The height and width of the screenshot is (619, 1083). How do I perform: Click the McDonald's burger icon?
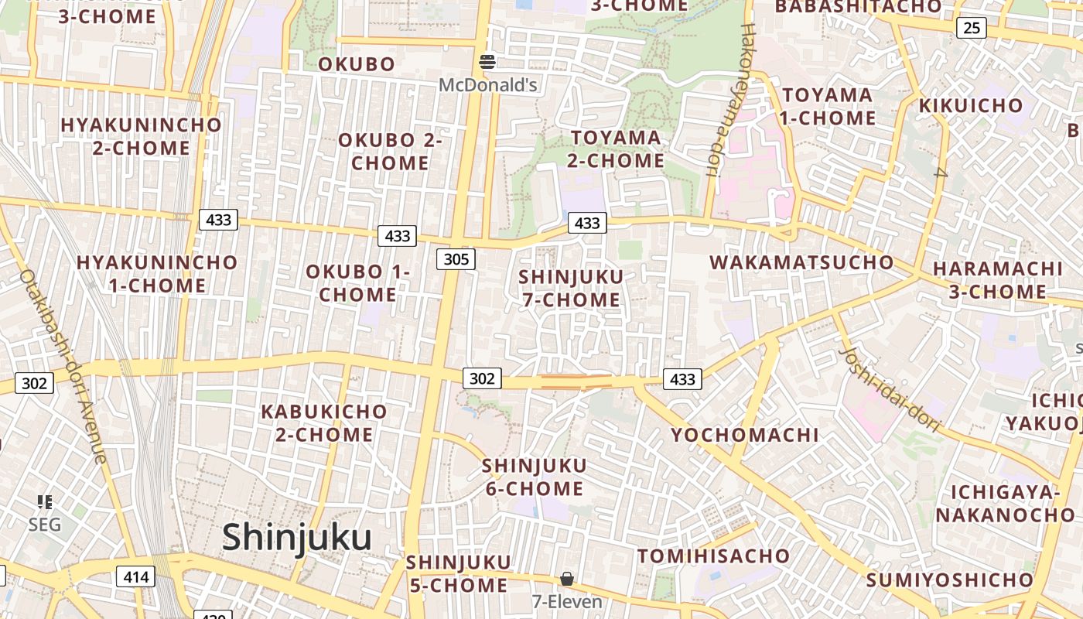point(487,61)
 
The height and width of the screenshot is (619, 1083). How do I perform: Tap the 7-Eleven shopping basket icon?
point(567,579)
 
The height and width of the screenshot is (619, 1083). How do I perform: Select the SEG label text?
point(44,525)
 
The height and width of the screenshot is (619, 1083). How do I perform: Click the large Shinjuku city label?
point(297,537)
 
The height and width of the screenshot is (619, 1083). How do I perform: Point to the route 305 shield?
point(456,259)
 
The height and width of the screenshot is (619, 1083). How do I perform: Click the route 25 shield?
point(972,29)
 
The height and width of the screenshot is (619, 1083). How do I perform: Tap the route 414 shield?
point(135,576)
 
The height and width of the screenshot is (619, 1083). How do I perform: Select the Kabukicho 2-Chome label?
point(324,422)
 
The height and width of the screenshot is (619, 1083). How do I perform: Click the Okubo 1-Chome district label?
point(357,283)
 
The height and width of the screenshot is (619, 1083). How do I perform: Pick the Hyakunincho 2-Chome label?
point(141,136)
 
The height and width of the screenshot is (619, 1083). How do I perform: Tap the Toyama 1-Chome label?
point(828,107)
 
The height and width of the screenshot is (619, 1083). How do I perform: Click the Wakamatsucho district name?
point(801,262)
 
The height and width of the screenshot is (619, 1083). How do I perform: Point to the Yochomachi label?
point(744,435)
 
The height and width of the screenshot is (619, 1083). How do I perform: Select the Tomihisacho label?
point(713,556)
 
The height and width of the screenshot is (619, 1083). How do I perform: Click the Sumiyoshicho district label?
point(949,580)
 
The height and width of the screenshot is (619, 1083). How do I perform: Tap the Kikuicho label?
point(970,105)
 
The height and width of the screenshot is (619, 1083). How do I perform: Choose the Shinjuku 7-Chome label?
point(572,288)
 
